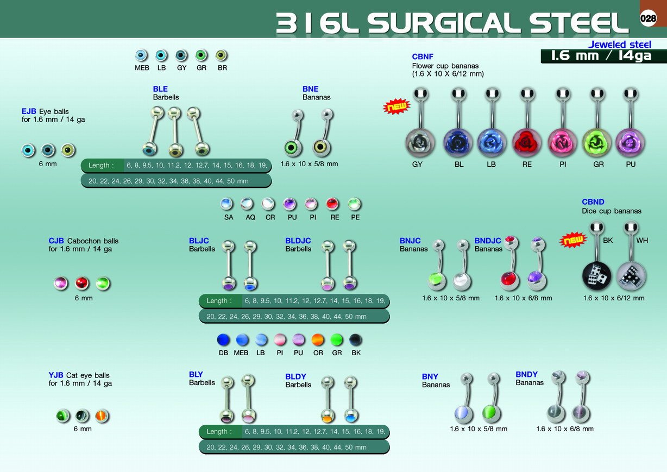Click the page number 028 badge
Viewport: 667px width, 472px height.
(648, 18)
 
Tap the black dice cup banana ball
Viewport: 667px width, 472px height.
(596, 276)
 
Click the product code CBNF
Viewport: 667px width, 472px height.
(423, 56)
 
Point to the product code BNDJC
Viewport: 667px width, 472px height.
(488, 241)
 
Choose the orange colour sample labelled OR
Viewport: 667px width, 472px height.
(318, 340)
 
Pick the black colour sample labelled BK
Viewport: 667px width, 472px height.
(356, 340)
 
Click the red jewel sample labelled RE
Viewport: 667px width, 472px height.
(332, 204)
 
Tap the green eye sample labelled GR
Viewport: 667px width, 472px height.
(202, 55)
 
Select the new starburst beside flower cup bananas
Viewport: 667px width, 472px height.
(397, 106)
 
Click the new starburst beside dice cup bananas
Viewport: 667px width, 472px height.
(573, 240)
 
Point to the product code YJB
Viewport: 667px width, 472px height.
(56, 375)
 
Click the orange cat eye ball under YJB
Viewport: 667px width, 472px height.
(102, 416)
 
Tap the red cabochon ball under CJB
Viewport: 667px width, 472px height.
(82, 283)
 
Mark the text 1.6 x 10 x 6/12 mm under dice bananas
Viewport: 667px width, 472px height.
(614, 298)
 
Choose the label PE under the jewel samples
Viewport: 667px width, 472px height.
(355, 217)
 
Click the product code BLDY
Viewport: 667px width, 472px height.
(295, 377)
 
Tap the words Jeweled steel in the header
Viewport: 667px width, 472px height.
(619, 45)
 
